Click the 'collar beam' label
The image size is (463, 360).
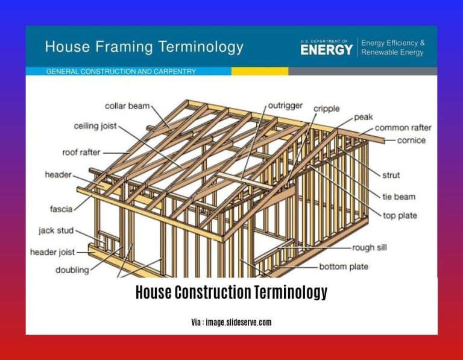[x=127, y=106]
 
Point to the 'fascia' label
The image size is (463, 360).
[x=61, y=209]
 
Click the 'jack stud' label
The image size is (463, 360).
[x=56, y=230]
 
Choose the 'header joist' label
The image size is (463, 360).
[x=53, y=252]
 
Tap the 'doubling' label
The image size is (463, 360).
[x=72, y=270]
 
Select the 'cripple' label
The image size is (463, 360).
[x=326, y=109]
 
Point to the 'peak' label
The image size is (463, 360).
[x=363, y=116]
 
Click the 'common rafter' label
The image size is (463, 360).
[x=403, y=128]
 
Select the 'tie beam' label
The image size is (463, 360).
[x=398, y=197]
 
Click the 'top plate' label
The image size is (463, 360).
[x=400, y=215]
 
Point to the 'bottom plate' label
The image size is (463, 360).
[x=344, y=266]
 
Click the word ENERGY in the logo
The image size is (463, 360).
[x=326, y=50]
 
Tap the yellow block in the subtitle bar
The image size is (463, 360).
[x=259, y=71]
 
